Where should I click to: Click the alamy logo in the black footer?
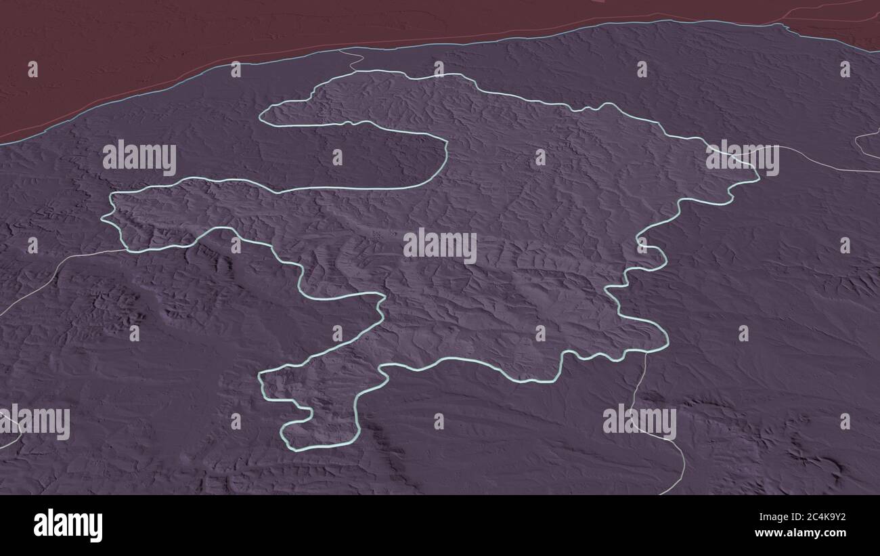click(68, 526)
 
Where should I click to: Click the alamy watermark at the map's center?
click(440, 245)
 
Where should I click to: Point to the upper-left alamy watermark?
click(139, 157)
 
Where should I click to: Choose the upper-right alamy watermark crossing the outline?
click(742, 157)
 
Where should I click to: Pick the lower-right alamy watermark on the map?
click(639, 421)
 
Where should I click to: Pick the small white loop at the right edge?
click(866, 142)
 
